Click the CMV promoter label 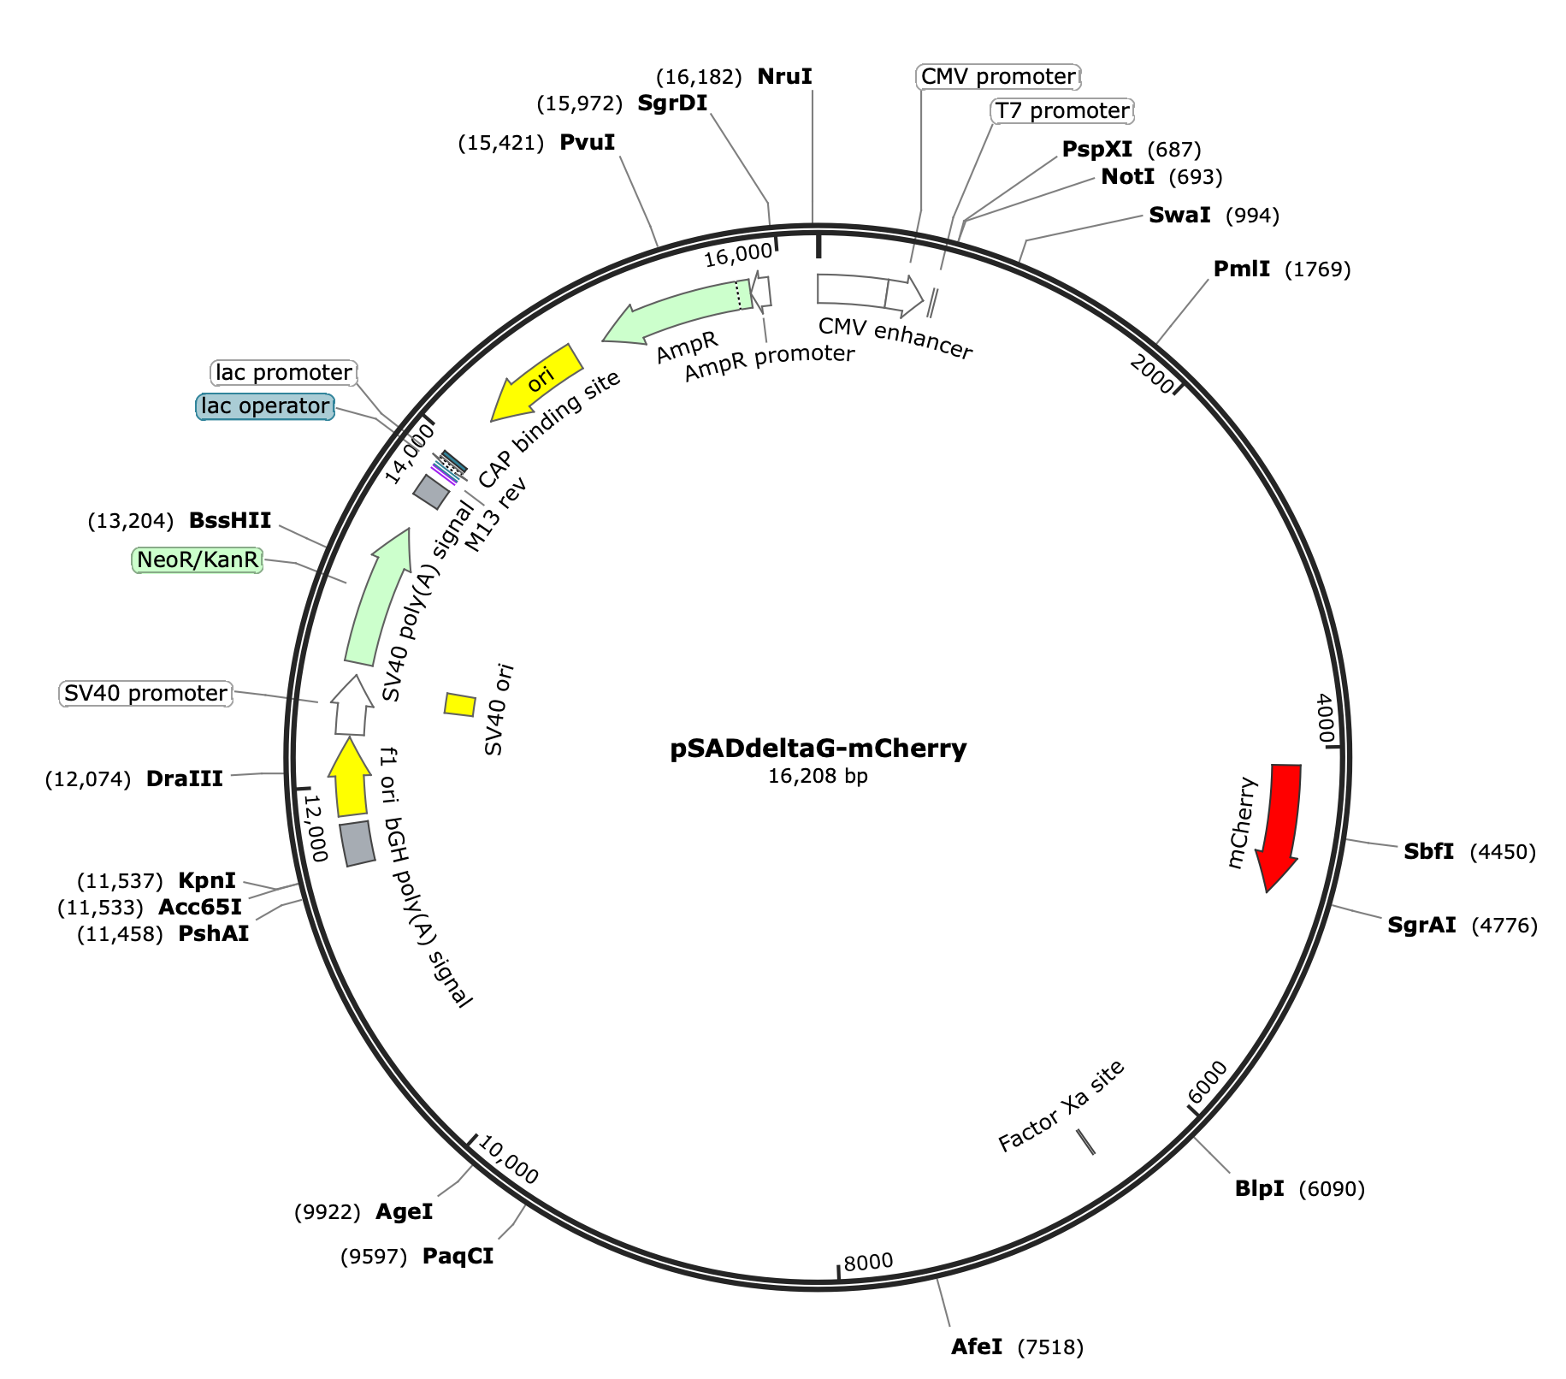coord(997,77)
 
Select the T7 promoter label coord(1062,111)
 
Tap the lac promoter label coord(283,372)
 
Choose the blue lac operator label coord(265,405)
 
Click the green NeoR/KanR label coord(198,560)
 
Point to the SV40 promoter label coord(146,693)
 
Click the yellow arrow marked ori coord(539,381)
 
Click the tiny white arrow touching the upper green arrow coord(761,291)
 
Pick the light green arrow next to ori coord(676,312)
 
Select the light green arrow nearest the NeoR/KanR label coord(376,599)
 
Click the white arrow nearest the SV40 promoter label coord(352,707)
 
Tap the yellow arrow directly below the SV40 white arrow coord(350,779)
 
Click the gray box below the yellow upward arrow coord(357,843)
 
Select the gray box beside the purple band coord(431,492)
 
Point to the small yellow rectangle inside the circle coord(459,705)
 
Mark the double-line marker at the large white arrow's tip coord(934,303)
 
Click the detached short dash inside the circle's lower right coord(1085,1141)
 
